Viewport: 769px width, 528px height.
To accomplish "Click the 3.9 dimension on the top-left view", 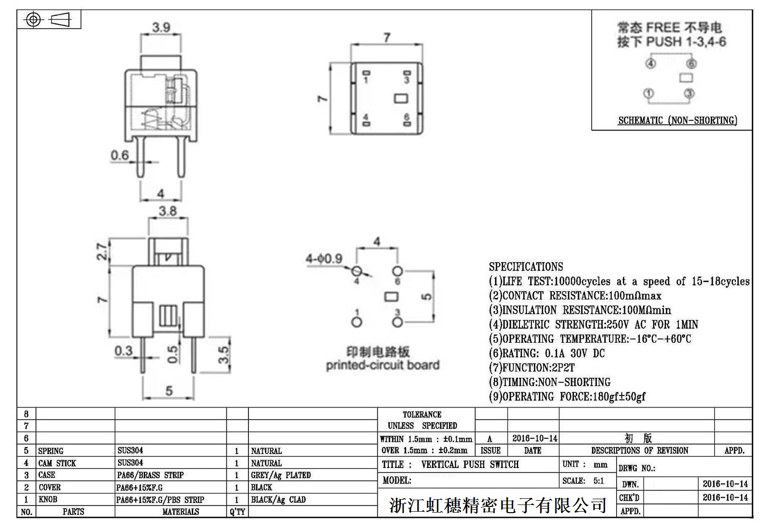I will pyautogui.click(x=161, y=27).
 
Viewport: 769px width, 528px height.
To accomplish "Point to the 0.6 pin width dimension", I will pyautogui.click(x=120, y=155).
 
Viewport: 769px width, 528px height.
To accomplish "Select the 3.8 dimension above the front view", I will pyautogui.click(x=168, y=211).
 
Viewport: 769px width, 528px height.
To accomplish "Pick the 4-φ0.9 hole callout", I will pyautogui.click(x=324, y=259).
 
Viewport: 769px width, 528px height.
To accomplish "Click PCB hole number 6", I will pyautogui.click(x=397, y=271).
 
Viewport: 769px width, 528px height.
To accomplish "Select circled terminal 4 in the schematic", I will pyautogui.click(x=650, y=63).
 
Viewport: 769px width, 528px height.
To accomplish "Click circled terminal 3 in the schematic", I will pyautogui.click(x=689, y=93).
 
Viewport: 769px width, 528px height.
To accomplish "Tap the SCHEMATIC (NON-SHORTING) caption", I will pyautogui.click(x=677, y=120).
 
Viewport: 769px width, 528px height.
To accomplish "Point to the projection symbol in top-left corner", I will pyautogui.click(x=49, y=20).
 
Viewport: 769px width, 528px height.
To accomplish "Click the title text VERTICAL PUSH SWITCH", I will pyautogui.click(x=470, y=464).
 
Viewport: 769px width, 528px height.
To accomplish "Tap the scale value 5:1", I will pyautogui.click(x=598, y=481).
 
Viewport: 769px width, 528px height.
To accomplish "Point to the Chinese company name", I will pyautogui.click(x=497, y=505).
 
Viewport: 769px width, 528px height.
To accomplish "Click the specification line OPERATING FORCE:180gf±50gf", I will pyautogui.click(x=567, y=396).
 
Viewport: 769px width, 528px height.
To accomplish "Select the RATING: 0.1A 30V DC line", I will pyautogui.click(x=546, y=353).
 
